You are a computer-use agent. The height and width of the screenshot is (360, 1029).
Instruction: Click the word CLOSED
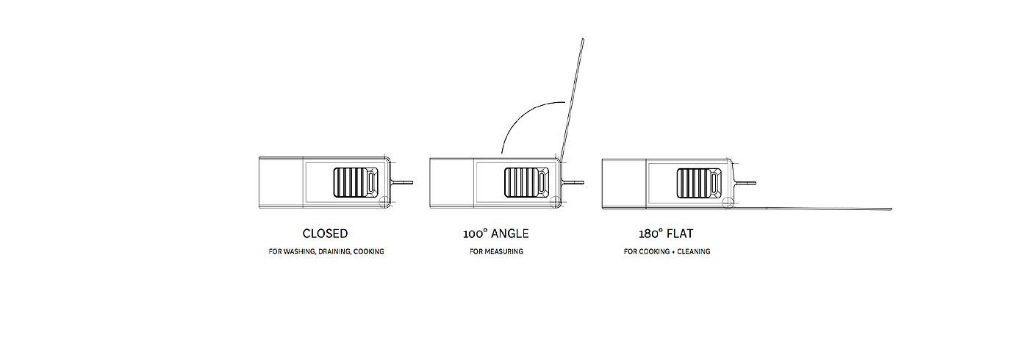[x=325, y=234]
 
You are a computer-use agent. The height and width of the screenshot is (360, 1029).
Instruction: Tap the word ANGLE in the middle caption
[x=509, y=234]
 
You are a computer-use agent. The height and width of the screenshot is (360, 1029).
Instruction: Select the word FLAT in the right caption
[x=680, y=234]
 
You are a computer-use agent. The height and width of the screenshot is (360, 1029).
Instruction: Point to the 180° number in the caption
[x=651, y=234]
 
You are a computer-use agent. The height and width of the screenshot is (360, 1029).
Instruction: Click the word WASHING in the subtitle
[x=302, y=252]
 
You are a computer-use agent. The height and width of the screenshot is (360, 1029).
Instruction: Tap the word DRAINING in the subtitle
[x=337, y=252]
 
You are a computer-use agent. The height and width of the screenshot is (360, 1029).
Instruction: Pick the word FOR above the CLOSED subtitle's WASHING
[x=276, y=252]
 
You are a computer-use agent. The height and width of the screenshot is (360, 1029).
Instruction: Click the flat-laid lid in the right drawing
[x=816, y=209]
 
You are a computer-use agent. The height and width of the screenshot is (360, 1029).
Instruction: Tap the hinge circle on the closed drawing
[x=385, y=203]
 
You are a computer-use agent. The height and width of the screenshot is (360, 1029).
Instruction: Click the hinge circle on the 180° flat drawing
[x=728, y=203]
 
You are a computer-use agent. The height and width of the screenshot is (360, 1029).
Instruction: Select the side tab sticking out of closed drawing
[x=404, y=182]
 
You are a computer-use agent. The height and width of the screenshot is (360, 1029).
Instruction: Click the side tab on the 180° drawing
[x=745, y=182]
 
